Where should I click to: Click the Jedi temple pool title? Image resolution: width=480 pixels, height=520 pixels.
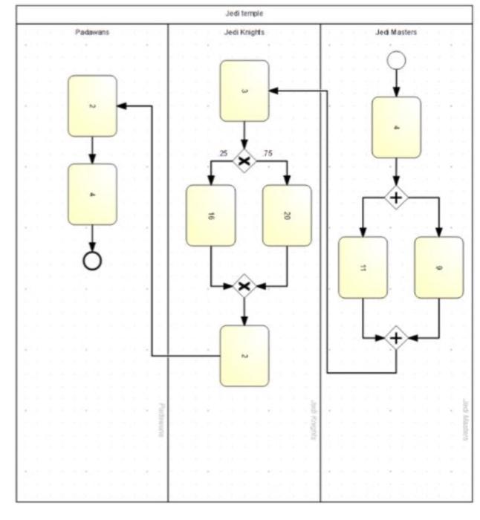click(244, 13)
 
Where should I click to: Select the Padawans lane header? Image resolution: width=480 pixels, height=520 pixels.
click(92, 33)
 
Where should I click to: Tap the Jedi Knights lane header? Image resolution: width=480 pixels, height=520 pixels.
click(244, 33)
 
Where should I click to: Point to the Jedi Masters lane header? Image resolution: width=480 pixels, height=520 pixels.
click(396, 33)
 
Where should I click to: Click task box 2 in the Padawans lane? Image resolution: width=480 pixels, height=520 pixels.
click(92, 106)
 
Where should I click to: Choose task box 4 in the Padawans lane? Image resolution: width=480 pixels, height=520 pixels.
click(92, 195)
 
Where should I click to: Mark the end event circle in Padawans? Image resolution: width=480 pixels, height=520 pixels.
click(92, 261)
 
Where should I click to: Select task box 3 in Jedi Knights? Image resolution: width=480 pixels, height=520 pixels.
click(244, 91)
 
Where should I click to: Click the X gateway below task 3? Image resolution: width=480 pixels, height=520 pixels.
click(244, 160)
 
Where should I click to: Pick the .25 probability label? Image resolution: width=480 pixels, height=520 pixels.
click(222, 154)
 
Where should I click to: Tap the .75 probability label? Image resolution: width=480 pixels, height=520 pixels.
click(267, 154)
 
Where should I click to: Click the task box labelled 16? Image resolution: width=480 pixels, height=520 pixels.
click(211, 215)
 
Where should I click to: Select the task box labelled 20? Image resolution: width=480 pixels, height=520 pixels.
click(287, 215)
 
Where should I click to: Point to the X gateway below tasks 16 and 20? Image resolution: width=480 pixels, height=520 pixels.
click(244, 286)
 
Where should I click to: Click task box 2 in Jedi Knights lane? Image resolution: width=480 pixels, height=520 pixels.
click(244, 356)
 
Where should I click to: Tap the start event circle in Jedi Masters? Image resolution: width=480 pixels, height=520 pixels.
click(396, 61)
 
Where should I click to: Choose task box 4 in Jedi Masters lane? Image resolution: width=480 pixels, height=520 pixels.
click(396, 128)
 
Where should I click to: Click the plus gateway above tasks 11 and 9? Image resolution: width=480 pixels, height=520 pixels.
click(396, 198)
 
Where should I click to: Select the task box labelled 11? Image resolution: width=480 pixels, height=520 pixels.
click(363, 267)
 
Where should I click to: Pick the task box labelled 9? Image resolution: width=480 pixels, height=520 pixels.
click(438, 267)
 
